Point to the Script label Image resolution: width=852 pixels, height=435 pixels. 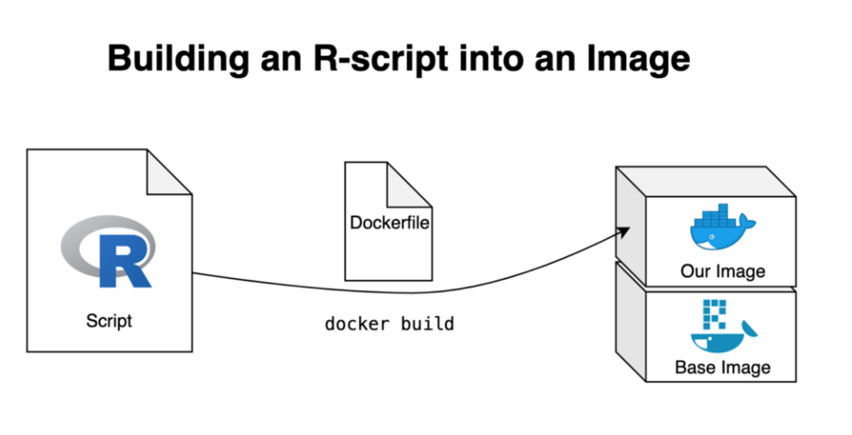click(109, 320)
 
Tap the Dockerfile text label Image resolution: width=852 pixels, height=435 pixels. click(390, 223)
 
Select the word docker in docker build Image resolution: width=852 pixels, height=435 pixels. click(357, 324)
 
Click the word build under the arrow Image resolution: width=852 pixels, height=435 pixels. click(427, 324)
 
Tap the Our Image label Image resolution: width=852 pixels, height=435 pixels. click(723, 271)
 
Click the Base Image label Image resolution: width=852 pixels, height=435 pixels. click(723, 368)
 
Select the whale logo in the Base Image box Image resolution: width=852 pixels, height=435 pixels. click(723, 341)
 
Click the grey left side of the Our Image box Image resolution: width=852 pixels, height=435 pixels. click(629, 234)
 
